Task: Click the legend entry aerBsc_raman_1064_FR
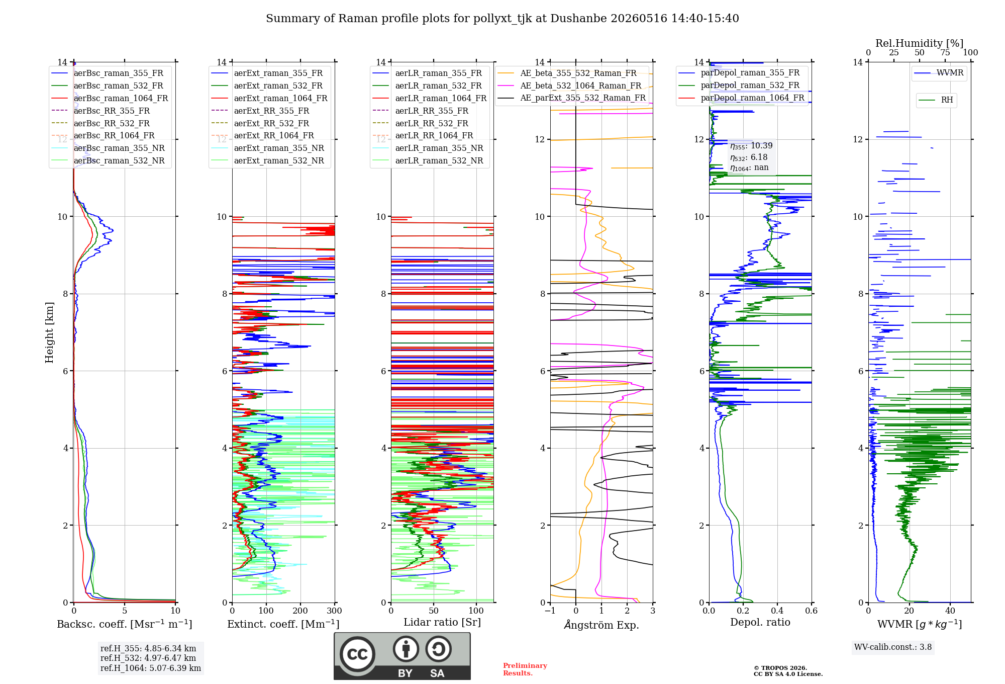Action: coord(110,98)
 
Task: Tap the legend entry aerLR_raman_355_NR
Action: coord(428,148)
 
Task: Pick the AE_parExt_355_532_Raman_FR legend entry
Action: coord(571,98)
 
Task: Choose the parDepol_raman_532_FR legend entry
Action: coord(739,85)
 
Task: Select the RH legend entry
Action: coord(936,100)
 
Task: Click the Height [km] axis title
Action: coord(49,332)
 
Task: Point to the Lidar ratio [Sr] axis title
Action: coord(442,622)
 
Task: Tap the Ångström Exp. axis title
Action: coord(601,625)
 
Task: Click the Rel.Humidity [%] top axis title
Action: coord(920,43)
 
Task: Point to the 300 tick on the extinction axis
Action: coord(334,611)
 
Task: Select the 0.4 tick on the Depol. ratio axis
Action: coord(777,611)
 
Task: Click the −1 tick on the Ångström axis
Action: coord(550,611)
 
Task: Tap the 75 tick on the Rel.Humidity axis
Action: coord(945,52)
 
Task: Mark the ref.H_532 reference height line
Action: coord(148,658)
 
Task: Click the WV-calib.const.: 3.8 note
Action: coord(893,647)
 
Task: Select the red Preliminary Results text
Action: coord(525,669)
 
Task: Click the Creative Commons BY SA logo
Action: coord(402,656)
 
